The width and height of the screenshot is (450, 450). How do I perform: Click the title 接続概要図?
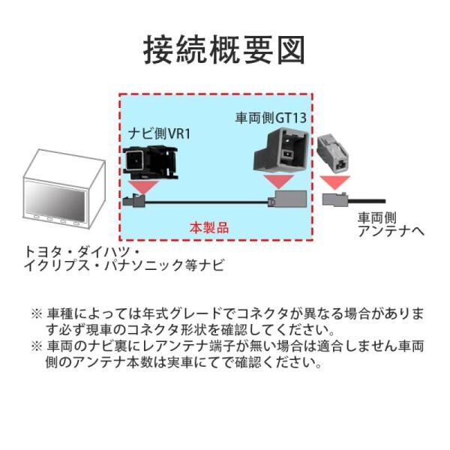[224, 50]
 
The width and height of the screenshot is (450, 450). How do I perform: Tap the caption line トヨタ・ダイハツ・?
[83, 251]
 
